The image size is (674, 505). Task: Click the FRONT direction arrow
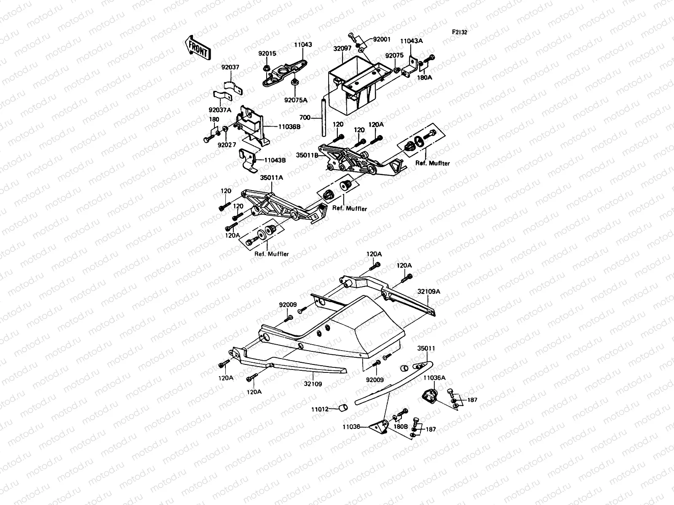pos(197,47)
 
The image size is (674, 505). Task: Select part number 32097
pos(342,49)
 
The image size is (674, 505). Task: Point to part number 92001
pos(382,39)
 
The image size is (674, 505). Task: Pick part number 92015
pos(267,53)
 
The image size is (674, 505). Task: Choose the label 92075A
pos(296,100)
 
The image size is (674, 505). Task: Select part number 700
pos(305,118)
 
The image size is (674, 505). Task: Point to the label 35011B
pos(308,155)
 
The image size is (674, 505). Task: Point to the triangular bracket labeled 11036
pos(378,427)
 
